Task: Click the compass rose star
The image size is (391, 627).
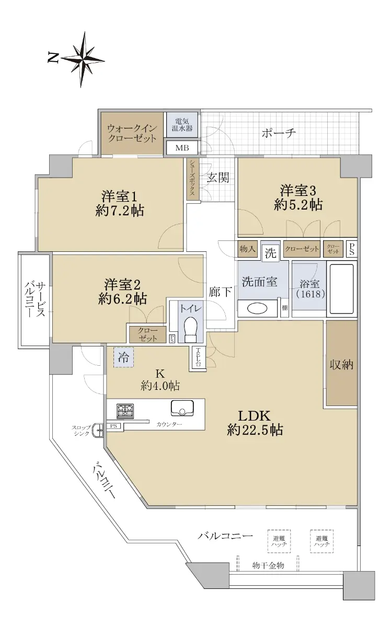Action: [x=83, y=60]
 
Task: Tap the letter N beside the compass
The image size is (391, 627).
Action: [x=53, y=57]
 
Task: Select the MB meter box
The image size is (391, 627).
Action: [x=182, y=147]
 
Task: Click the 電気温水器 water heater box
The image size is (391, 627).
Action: [x=182, y=125]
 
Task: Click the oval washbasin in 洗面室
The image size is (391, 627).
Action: [x=257, y=308]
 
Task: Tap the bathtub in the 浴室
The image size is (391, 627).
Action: [x=341, y=289]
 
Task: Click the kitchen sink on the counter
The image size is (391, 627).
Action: [x=182, y=409]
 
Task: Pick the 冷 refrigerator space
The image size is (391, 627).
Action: [x=123, y=357]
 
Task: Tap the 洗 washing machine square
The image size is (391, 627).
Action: [x=271, y=253]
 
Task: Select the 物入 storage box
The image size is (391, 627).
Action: [x=248, y=249]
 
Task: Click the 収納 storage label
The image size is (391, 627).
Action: [x=341, y=364]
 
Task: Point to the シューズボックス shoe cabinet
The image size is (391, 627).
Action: [x=192, y=179]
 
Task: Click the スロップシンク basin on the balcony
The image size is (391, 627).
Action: [x=98, y=430]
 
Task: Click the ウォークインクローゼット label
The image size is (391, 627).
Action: [x=132, y=134]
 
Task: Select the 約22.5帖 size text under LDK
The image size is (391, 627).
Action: [x=255, y=429]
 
